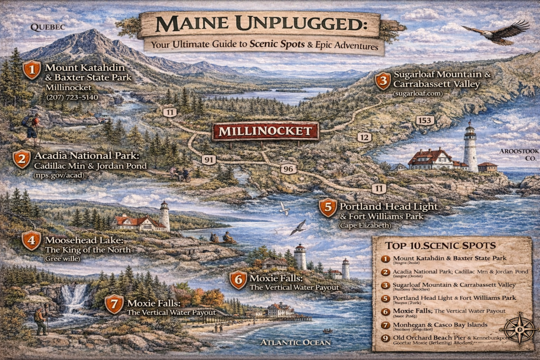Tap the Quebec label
(47, 26)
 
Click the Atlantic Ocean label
(295, 343)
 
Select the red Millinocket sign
(265, 131)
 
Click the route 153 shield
(425, 120)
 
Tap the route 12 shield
(364, 137)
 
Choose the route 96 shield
(287, 169)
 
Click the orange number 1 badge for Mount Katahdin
(32, 70)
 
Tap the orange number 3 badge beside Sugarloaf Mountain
(382, 81)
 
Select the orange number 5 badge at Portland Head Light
(327, 207)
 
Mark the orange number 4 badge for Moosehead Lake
(32, 241)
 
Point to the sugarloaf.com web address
(418, 93)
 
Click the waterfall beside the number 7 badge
(75, 299)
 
